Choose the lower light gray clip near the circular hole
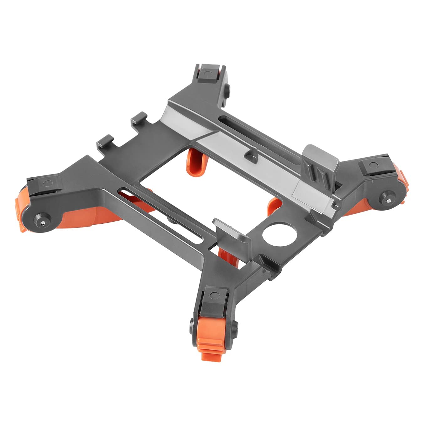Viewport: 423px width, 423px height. pyautogui.click(x=232, y=232)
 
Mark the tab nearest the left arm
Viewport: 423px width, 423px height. pyautogui.click(x=106, y=139)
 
